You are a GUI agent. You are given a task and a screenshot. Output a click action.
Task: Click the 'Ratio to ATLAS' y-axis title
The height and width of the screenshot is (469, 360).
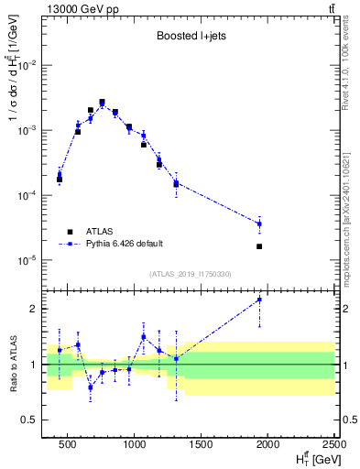(x=12, y=364)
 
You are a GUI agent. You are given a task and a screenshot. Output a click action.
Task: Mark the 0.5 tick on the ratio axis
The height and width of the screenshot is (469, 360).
(x=35, y=420)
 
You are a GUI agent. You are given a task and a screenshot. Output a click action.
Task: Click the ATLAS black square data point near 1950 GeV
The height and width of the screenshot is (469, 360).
(x=260, y=246)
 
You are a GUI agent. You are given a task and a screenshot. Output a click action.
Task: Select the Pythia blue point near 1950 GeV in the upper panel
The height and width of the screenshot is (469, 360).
(x=260, y=224)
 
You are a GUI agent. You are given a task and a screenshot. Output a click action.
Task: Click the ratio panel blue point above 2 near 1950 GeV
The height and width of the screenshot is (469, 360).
(x=260, y=300)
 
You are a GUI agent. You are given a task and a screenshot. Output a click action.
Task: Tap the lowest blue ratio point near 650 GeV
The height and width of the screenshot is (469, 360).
(x=90, y=387)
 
